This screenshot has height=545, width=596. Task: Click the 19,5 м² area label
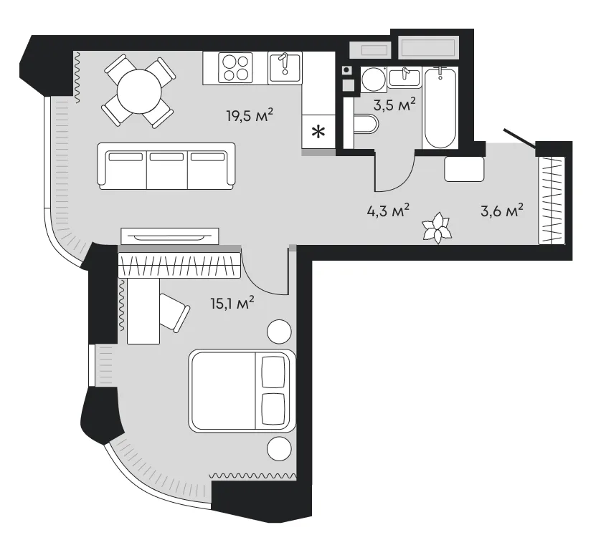(x=250, y=115)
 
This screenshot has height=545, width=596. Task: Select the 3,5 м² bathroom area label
(x=394, y=104)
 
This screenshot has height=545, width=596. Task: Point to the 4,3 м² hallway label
(x=388, y=210)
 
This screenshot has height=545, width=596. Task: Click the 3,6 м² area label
(x=502, y=210)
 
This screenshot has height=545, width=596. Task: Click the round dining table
(x=139, y=92)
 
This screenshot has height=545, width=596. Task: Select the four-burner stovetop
(x=235, y=67)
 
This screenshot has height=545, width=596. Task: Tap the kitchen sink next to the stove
(x=285, y=68)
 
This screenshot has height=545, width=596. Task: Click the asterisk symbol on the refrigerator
(x=318, y=132)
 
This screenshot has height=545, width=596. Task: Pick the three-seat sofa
(x=166, y=166)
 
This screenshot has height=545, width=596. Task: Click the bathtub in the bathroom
(x=440, y=108)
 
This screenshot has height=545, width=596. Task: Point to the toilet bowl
(x=365, y=125)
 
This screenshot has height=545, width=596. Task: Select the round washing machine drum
(x=374, y=79)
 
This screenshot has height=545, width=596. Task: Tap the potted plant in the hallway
(x=437, y=228)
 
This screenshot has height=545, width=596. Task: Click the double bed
(x=242, y=391)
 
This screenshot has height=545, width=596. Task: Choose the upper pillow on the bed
(x=273, y=372)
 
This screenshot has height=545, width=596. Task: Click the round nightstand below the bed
(x=280, y=448)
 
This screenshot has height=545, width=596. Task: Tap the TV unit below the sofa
(x=170, y=236)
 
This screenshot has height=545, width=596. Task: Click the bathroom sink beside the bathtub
(x=405, y=77)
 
